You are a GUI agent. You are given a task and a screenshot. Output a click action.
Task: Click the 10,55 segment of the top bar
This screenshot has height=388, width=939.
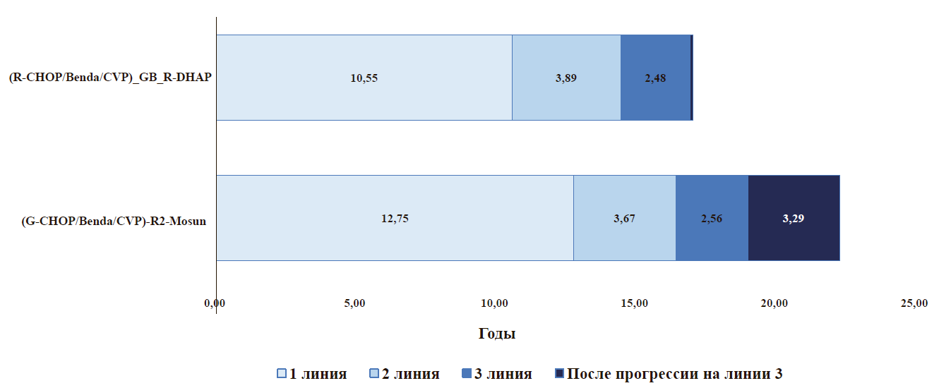[x=364, y=78]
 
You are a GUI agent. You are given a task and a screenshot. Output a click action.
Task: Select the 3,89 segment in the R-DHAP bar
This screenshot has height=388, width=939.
[x=566, y=78]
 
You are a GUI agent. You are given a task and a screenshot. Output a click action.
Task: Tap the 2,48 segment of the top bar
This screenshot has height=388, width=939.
[x=656, y=78]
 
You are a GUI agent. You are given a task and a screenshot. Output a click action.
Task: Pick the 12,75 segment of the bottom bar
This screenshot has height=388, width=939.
[x=395, y=218]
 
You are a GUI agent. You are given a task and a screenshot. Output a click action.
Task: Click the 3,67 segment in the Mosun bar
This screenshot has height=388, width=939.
[x=625, y=218]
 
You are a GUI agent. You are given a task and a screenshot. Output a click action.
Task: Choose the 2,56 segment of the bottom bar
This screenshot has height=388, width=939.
[x=712, y=218]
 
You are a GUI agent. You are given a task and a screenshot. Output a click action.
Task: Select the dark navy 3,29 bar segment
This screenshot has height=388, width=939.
[x=794, y=218]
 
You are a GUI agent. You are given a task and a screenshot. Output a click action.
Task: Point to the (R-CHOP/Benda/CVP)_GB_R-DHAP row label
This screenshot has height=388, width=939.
[x=110, y=78]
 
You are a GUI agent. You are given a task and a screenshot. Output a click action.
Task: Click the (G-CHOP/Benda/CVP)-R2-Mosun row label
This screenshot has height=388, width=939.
[x=114, y=221]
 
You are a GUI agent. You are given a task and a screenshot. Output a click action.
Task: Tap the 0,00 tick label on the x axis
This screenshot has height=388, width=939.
[x=215, y=303]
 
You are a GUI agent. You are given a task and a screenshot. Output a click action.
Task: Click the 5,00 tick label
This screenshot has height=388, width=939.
[x=354, y=303]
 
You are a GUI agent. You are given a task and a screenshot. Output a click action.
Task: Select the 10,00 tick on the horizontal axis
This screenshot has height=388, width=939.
[x=494, y=303]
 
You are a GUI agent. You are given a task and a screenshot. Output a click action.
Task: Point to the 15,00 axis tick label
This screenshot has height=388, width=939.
[x=634, y=303]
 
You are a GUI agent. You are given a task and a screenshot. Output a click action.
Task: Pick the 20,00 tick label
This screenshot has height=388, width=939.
[x=774, y=303]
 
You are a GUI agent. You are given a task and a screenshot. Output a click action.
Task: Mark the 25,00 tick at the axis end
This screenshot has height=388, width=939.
[x=914, y=303]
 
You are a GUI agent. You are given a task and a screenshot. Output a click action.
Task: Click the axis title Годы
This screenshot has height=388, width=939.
[x=497, y=334]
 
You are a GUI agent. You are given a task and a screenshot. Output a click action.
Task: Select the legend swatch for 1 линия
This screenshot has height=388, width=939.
[x=282, y=373]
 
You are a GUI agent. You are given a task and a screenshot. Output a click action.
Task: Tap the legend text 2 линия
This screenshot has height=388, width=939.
[x=410, y=373]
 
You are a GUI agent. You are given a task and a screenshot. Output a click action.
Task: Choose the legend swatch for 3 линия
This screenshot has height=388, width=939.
[x=467, y=373]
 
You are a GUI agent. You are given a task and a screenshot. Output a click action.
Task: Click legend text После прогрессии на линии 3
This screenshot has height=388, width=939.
[x=674, y=373]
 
